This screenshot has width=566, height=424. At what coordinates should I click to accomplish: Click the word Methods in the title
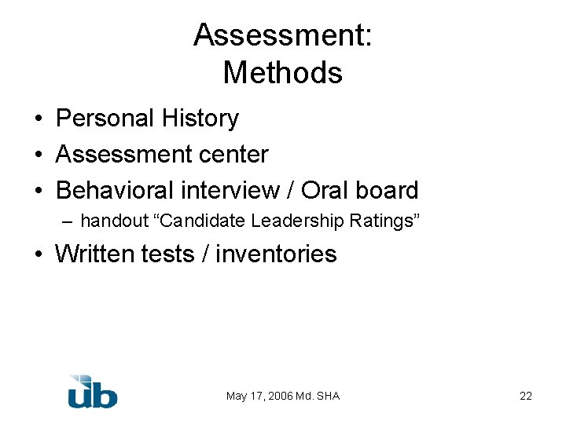point(283,73)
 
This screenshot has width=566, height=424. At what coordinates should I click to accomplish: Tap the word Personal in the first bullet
point(105,119)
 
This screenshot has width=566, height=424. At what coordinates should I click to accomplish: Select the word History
point(200,119)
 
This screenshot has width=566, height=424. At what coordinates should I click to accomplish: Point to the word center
point(233,155)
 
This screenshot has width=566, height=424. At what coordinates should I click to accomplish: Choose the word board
point(388,190)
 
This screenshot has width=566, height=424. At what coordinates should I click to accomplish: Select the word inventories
point(276,254)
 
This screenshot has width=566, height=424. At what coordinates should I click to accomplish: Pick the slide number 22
point(526,396)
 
